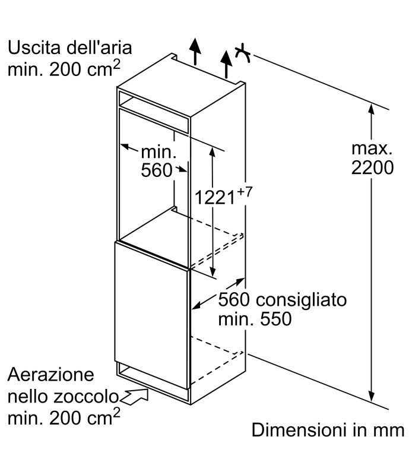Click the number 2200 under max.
tap(372, 167)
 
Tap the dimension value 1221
tap(215, 197)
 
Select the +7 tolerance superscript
tap(245, 192)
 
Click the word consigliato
tap(301, 300)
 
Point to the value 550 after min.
tap(276, 319)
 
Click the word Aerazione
tap(50, 375)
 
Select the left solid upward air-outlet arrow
tap(195, 52)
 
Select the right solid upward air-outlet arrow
tap(226, 64)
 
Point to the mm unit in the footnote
tap(390, 431)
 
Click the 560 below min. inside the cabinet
tap(157, 170)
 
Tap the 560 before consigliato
tap(233, 300)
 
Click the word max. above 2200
tap(372, 148)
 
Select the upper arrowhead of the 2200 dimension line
tap(372, 109)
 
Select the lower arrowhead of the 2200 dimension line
tap(372, 396)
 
